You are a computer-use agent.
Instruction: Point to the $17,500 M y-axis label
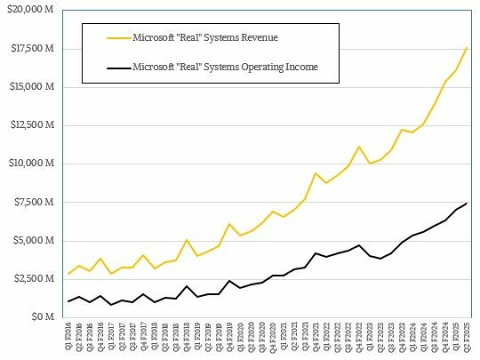coord(31,49)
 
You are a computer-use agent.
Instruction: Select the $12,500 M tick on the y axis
coord(31,125)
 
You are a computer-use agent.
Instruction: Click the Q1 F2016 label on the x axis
coord(68,337)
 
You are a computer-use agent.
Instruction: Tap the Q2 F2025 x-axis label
coord(467,337)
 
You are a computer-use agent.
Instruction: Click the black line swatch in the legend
coord(118,66)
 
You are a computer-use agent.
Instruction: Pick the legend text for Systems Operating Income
coord(225,66)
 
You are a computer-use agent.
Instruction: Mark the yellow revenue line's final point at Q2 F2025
coord(466,48)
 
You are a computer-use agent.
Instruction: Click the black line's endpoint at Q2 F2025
coord(466,203)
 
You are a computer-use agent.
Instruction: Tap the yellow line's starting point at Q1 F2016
coord(68,273)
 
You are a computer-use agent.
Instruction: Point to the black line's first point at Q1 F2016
coord(68,301)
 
